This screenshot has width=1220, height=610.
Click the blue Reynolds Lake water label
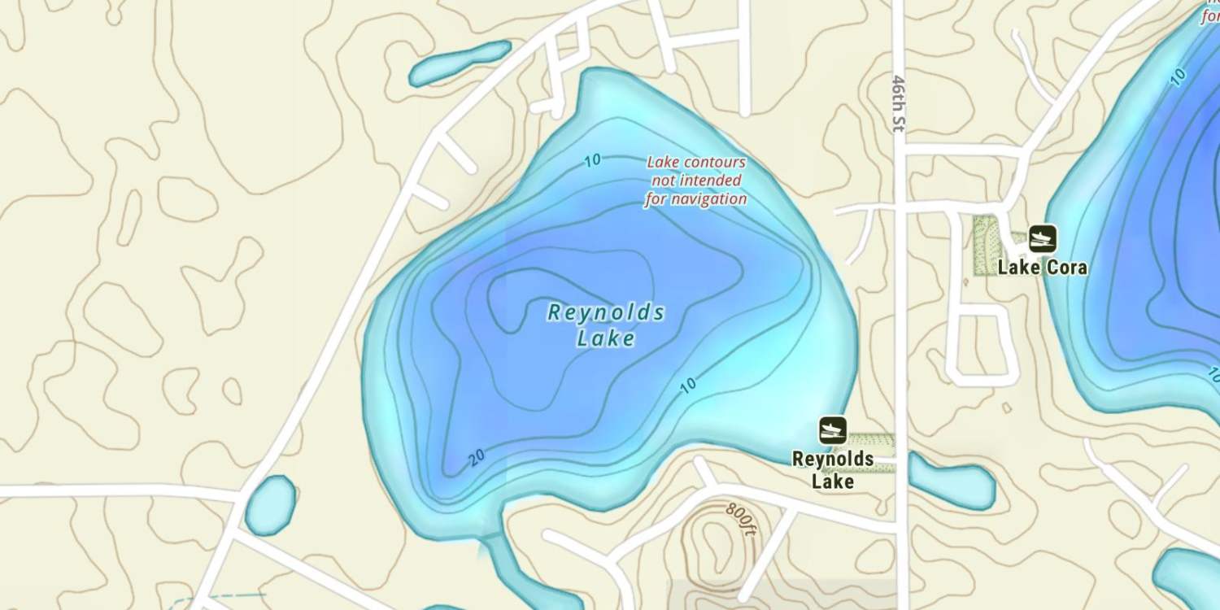click(x=606, y=325)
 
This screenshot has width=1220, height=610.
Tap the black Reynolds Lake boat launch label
click(x=833, y=470)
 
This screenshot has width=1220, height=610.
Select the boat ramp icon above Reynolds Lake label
click(x=832, y=430)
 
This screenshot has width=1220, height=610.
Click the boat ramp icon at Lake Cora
click(x=1042, y=238)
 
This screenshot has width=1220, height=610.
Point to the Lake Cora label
click(x=1042, y=267)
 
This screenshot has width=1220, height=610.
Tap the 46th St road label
click(x=899, y=104)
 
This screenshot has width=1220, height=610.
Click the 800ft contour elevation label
click(x=742, y=519)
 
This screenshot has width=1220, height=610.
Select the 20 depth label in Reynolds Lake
click(x=477, y=457)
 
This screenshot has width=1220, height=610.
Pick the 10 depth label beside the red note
click(x=592, y=160)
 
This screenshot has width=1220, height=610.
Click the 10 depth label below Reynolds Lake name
click(x=688, y=385)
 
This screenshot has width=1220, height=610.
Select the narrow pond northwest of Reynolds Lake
click(x=460, y=63)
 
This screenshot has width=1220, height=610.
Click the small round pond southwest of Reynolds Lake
click(x=270, y=504)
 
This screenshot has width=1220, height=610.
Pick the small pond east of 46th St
click(x=952, y=481)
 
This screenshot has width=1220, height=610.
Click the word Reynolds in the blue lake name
click(x=606, y=312)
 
